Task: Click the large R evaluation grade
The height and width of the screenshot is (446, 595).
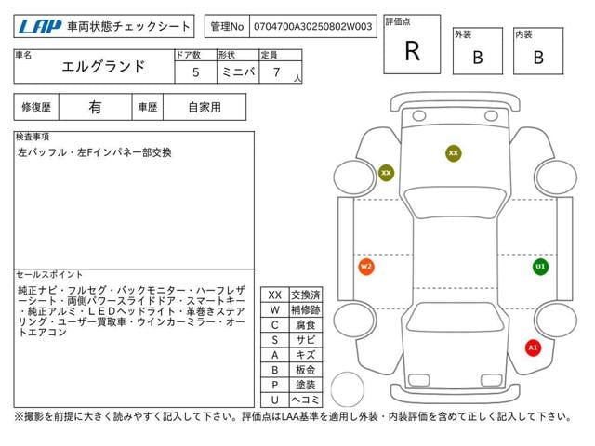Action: [412, 51]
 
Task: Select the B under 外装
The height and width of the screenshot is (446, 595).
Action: [477, 58]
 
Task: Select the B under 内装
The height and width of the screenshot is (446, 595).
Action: [538, 58]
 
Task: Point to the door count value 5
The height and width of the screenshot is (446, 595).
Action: [195, 72]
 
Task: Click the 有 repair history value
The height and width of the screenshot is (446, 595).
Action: [95, 107]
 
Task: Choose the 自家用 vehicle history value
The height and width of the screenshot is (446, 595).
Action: [204, 107]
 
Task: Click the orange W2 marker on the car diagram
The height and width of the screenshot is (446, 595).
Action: [366, 267]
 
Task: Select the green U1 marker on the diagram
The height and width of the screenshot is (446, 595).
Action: [540, 267]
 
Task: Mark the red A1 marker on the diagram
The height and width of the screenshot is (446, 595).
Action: [533, 348]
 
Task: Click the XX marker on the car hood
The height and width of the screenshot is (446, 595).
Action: [454, 152]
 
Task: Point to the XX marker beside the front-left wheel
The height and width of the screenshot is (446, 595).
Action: [386, 172]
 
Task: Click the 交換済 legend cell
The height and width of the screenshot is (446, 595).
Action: [305, 295]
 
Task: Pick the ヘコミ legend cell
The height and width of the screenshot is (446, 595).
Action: [305, 399]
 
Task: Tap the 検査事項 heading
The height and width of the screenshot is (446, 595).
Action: [33, 137]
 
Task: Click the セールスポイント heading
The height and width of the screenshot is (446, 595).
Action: [49, 275]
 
